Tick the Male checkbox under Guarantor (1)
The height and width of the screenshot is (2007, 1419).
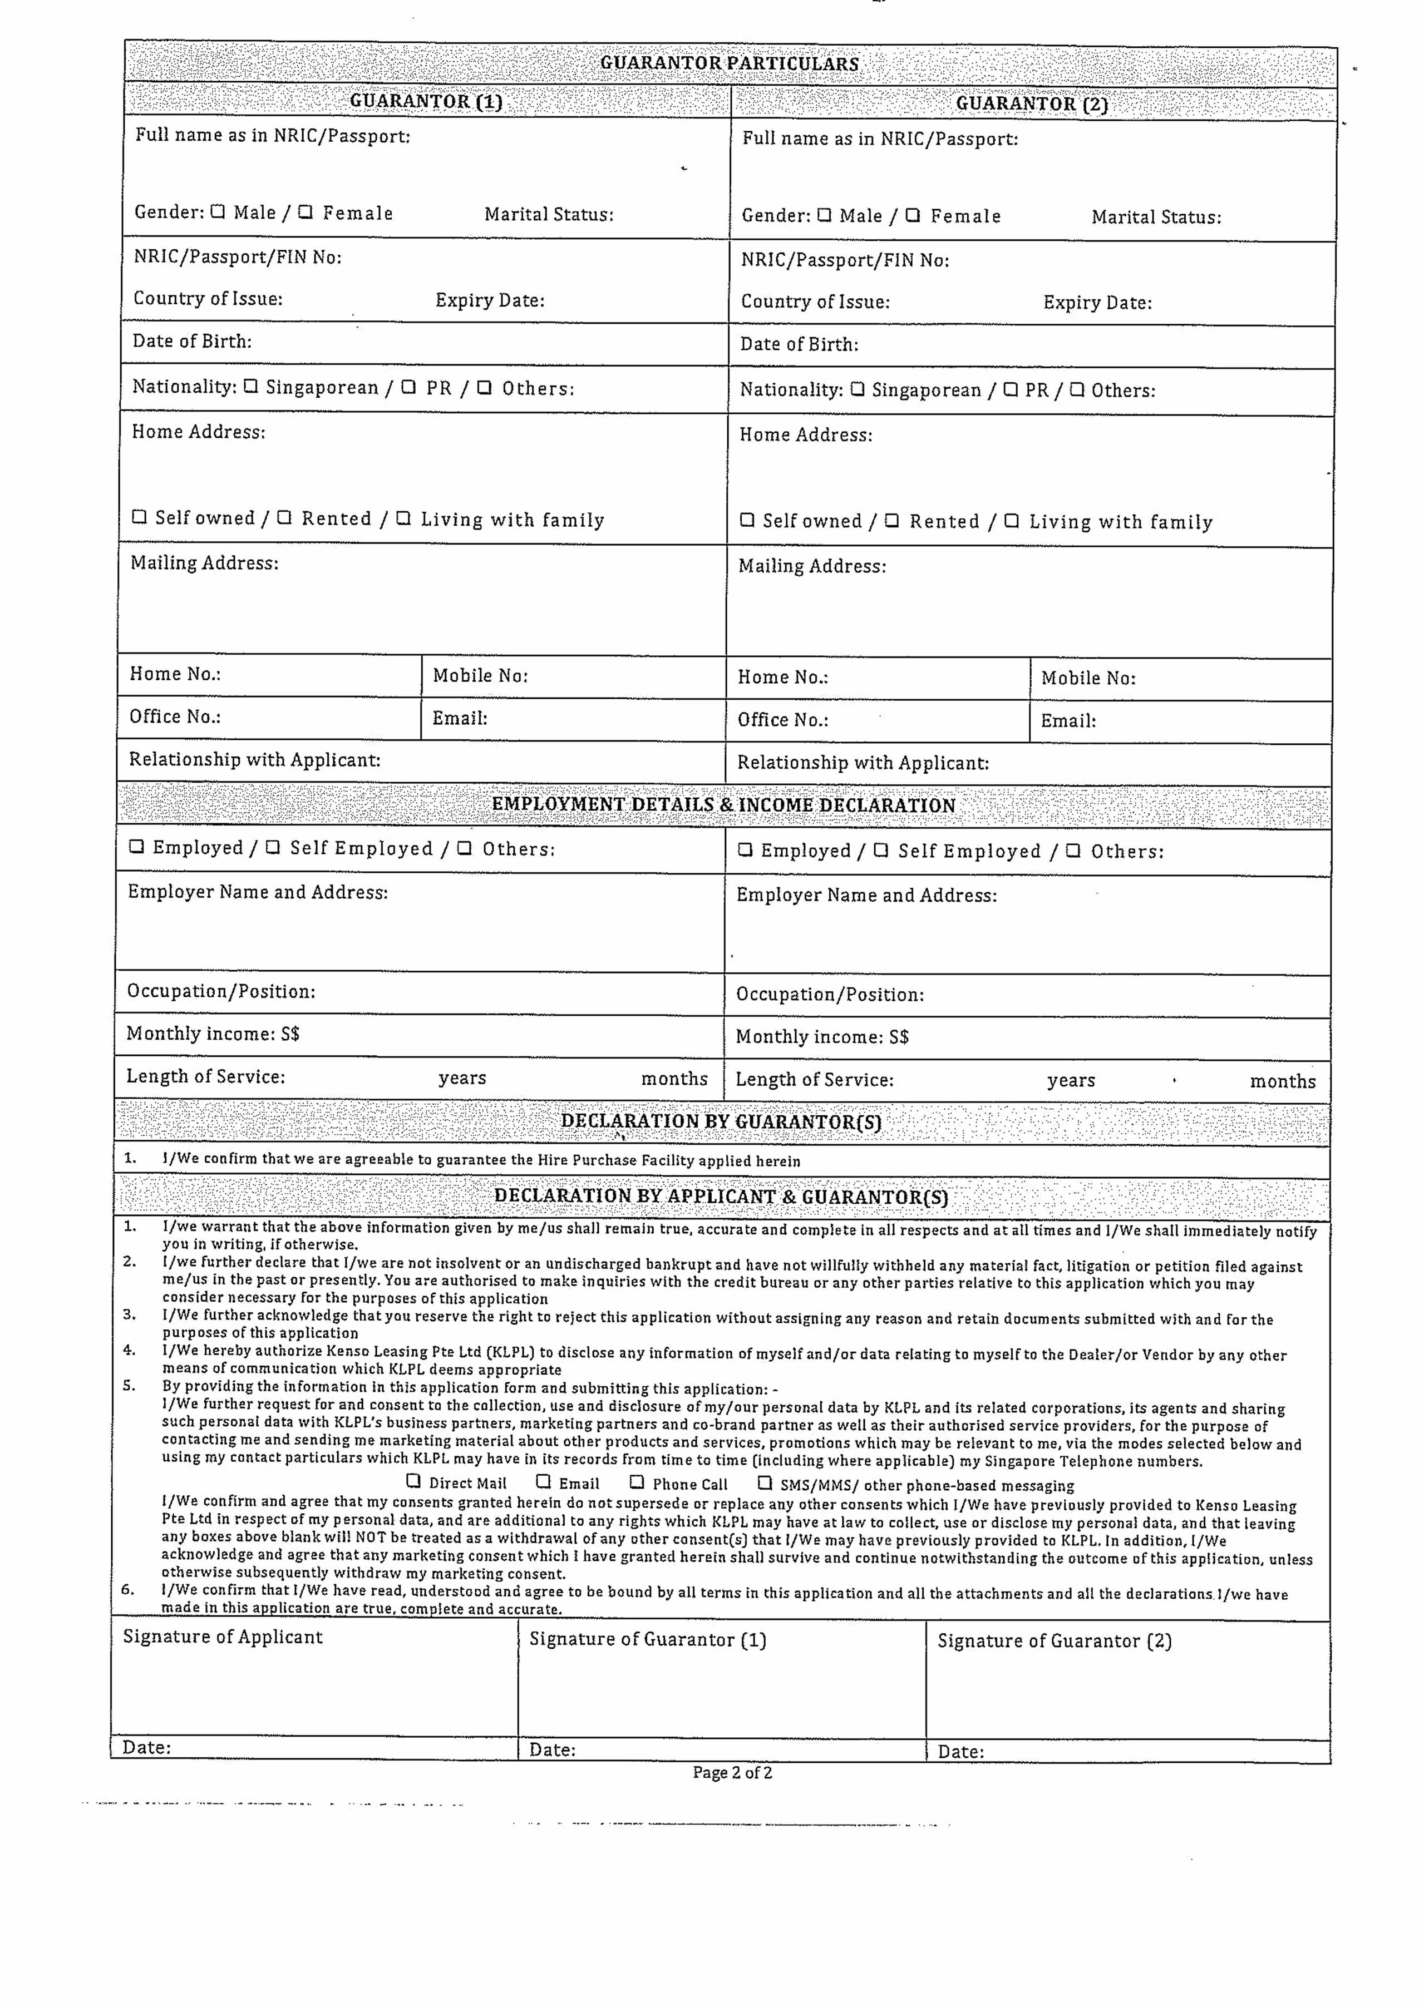coord(218,211)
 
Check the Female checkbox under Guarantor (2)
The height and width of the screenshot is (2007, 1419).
coord(913,215)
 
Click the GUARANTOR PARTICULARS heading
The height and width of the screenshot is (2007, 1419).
coord(729,64)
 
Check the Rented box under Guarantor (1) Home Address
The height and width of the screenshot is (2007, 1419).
coord(284,517)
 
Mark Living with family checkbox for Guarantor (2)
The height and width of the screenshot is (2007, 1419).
coord(1012,521)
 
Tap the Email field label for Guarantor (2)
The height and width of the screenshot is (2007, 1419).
coord(1067,721)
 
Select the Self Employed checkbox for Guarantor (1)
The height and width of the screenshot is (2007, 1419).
coord(273,847)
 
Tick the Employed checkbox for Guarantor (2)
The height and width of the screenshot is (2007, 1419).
coord(745,849)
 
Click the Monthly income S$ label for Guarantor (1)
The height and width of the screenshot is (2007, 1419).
coord(213,1034)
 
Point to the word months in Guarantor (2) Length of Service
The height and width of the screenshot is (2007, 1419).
coord(1282,1081)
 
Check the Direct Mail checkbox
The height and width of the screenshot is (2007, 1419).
coord(413,1482)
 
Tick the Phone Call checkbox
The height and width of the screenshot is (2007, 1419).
coord(637,1482)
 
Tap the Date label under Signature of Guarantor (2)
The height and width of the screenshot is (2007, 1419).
coord(960,1752)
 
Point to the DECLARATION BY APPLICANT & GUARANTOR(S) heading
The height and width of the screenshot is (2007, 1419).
coord(721,1197)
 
